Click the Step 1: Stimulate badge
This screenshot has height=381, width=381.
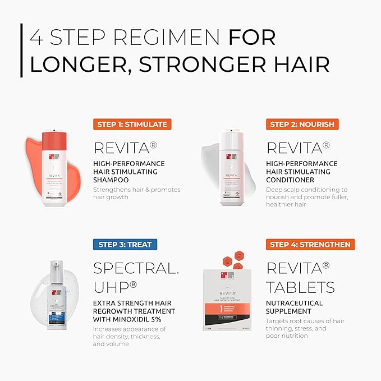pos(131,124)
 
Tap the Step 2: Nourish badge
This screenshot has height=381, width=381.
pos(302,124)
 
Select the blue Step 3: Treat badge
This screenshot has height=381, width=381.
pos(125,244)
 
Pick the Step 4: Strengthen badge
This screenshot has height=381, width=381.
pos(310,244)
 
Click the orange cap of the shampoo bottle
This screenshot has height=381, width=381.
pos(54,141)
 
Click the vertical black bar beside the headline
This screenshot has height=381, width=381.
pos(21,50)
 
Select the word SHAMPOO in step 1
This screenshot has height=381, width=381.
pos(111,180)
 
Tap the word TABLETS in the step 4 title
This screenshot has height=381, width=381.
pos(300,287)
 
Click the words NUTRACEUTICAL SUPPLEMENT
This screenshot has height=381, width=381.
pos(295,307)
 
